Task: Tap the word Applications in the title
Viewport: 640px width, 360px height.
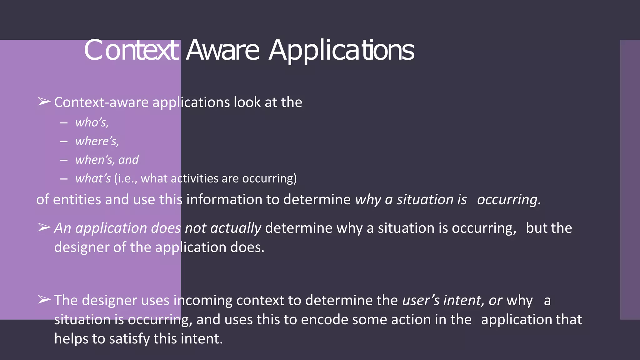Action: point(341,51)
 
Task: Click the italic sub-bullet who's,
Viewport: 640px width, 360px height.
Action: point(92,122)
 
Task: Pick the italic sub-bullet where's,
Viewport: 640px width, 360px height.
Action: point(97,141)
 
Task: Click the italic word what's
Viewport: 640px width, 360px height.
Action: point(93,178)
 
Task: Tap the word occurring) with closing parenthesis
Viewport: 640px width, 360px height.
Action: point(269,178)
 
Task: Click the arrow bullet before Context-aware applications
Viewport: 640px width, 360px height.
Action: point(44,102)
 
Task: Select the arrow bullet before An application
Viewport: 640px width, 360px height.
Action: point(44,228)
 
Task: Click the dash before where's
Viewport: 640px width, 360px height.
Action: point(64,142)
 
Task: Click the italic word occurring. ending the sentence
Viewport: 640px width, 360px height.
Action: point(509,199)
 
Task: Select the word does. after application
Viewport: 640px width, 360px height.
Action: point(247,247)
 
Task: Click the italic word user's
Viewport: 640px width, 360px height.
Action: point(421,300)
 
